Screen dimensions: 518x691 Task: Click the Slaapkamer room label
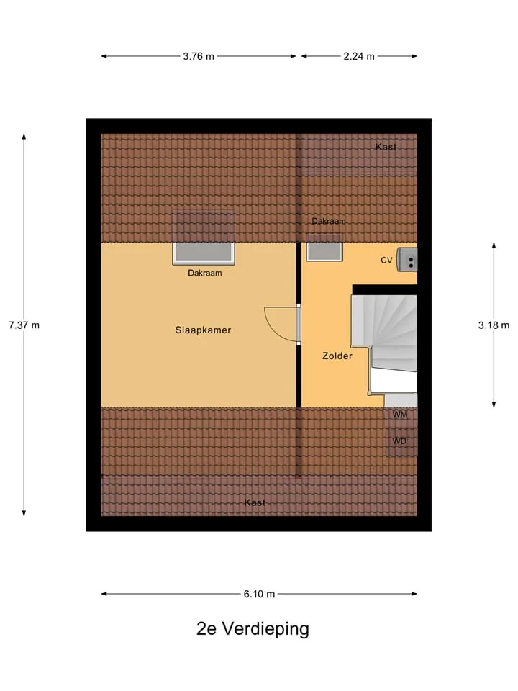(203, 330)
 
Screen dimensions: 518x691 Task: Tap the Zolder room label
(337, 356)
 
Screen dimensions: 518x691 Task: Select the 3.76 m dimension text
(199, 56)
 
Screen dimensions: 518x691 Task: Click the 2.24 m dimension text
(359, 56)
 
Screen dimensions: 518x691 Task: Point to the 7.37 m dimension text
(24, 325)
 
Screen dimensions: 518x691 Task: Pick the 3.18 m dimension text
(494, 325)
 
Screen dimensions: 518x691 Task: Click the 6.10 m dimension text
(260, 594)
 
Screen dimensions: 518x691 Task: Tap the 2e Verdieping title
(253, 629)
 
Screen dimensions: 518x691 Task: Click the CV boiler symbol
(407, 260)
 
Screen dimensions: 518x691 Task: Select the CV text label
(386, 261)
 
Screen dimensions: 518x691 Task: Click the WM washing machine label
(400, 415)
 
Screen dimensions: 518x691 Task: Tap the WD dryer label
(399, 441)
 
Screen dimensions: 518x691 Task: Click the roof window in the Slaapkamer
(204, 252)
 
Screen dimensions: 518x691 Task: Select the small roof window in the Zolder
(324, 250)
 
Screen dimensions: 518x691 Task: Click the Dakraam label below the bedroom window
(205, 274)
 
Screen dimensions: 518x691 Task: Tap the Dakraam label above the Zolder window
(329, 221)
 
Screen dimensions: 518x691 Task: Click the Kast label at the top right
(386, 147)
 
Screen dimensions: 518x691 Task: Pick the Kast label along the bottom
(255, 502)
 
